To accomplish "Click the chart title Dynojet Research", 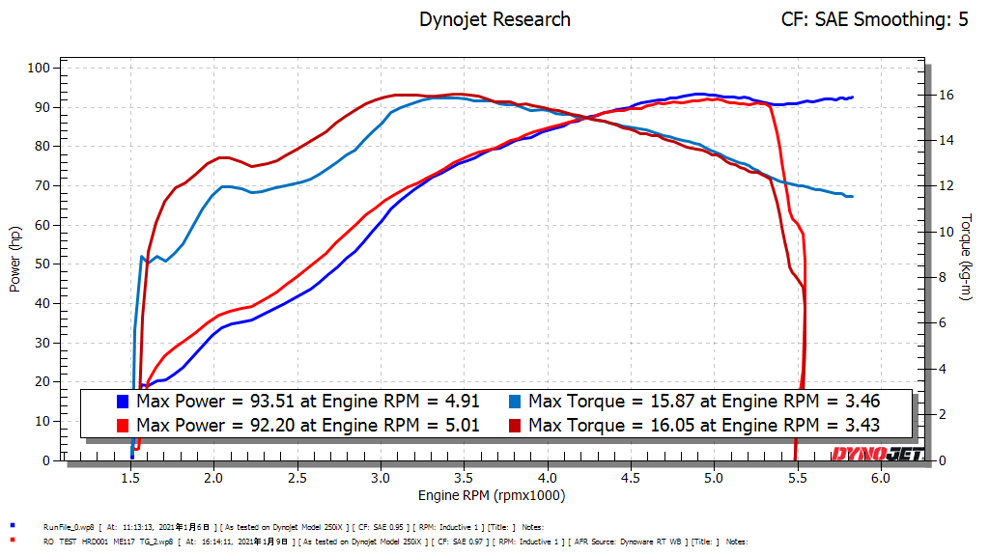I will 494,19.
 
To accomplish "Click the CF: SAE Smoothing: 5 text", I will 874,19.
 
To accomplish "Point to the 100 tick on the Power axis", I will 39,68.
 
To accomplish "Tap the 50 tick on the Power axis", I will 42,264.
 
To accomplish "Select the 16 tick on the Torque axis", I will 947,95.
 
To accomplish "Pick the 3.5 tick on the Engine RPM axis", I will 464,478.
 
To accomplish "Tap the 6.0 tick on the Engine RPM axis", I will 880,478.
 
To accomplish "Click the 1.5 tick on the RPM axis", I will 131,478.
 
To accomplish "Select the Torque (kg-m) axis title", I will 966,257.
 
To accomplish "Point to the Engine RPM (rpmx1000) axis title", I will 491,495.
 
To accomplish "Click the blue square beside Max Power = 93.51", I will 123,401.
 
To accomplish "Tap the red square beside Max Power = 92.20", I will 123,425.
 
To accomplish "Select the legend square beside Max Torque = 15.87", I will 515,401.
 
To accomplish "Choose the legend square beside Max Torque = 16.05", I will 515,425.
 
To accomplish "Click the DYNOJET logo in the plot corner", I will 878,454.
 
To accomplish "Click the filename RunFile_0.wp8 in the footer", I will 71,527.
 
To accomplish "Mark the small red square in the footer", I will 12,542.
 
